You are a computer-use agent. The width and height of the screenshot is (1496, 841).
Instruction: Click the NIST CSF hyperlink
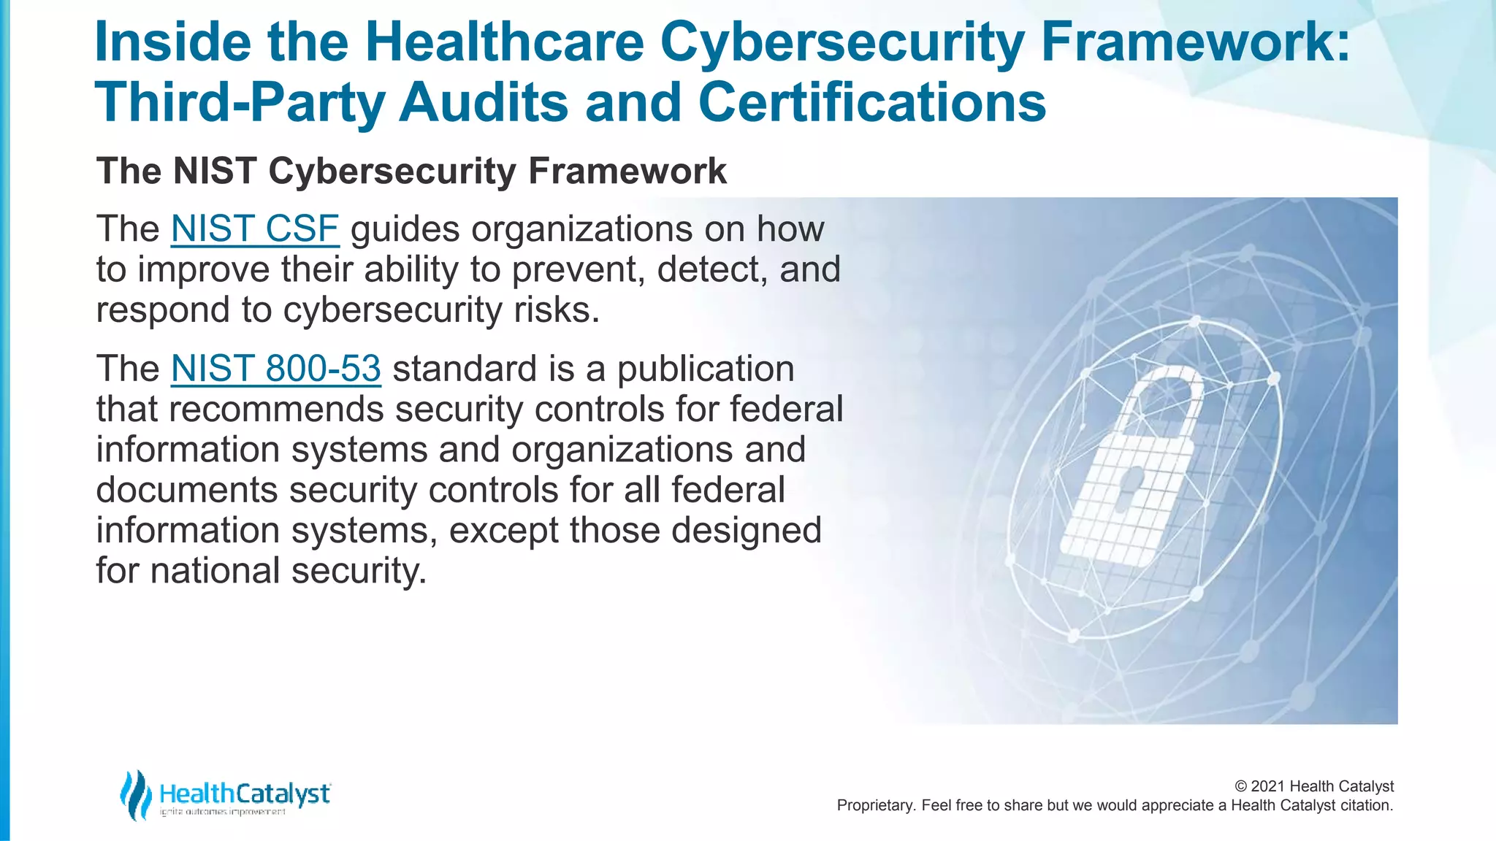point(254,229)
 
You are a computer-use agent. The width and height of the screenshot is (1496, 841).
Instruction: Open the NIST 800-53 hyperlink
point(275,369)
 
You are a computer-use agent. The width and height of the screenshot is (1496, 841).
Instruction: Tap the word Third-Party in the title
point(239,102)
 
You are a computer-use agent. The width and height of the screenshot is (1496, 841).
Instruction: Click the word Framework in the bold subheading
point(627,172)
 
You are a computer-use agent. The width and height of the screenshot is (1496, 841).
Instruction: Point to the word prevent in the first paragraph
point(577,269)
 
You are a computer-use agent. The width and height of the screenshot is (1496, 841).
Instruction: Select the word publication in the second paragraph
point(705,369)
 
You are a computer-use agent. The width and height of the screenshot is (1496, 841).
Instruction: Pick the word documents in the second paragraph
point(186,489)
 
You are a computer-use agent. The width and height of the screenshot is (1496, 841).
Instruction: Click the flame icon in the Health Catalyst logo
point(135,795)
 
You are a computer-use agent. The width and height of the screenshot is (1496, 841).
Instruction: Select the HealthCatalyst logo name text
point(244,794)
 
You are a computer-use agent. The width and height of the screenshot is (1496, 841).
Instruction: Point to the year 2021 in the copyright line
point(1267,786)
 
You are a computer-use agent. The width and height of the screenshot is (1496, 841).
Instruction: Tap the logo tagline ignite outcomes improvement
point(223,813)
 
